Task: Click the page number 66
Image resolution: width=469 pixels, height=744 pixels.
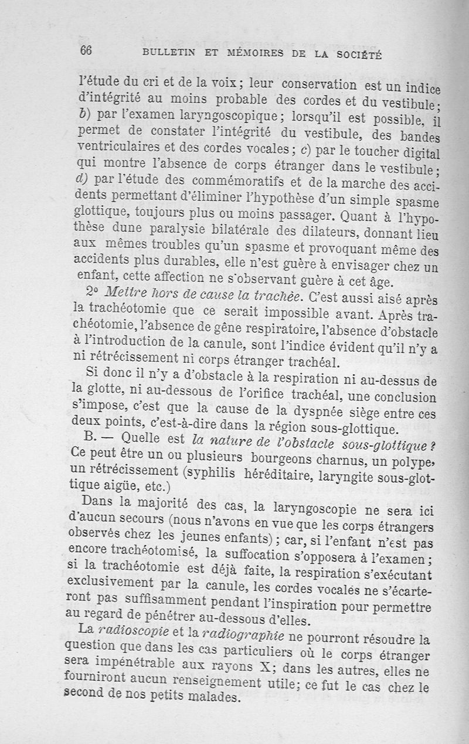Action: coord(86,50)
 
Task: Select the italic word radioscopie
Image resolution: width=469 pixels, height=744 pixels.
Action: coord(133,631)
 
